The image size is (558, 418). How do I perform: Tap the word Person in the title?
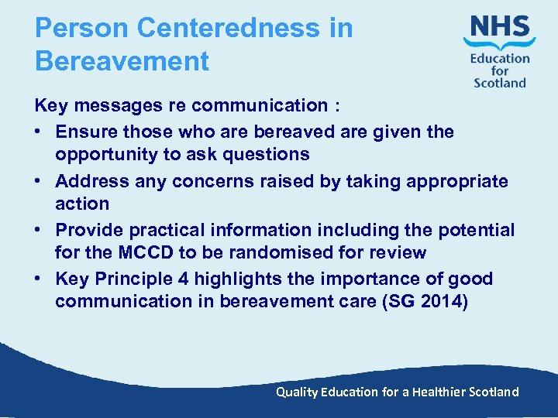[82, 29]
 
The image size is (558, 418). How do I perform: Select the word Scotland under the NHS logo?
[500, 83]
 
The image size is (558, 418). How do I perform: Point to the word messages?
[120, 106]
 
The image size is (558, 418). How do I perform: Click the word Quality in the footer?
[297, 392]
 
